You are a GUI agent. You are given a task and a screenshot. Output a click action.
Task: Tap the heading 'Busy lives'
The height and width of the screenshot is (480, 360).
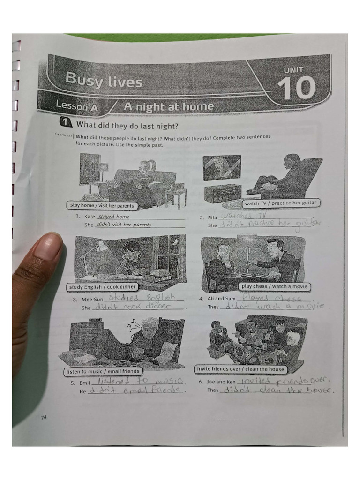[104, 80]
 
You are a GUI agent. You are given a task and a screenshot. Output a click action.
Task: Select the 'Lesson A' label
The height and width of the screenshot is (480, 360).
[77, 106]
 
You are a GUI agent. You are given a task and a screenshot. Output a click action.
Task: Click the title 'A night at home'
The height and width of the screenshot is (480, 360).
[168, 107]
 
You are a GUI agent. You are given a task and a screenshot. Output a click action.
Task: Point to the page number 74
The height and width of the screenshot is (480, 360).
[44, 418]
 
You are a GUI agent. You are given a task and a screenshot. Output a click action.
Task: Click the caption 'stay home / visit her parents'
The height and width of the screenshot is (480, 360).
[102, 205]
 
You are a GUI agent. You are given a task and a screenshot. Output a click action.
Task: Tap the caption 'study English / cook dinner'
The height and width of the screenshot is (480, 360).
[103, 287]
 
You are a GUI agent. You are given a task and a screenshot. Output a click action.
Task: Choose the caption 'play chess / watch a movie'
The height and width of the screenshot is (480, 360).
[274, 286]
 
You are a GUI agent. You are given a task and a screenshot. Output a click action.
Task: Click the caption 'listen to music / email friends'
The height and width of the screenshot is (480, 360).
[102, 371]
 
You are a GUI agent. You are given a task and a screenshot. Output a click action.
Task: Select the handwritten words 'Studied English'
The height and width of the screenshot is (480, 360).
[141, 298]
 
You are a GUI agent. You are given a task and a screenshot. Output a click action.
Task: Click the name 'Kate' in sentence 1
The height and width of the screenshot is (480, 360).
[90, 217]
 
